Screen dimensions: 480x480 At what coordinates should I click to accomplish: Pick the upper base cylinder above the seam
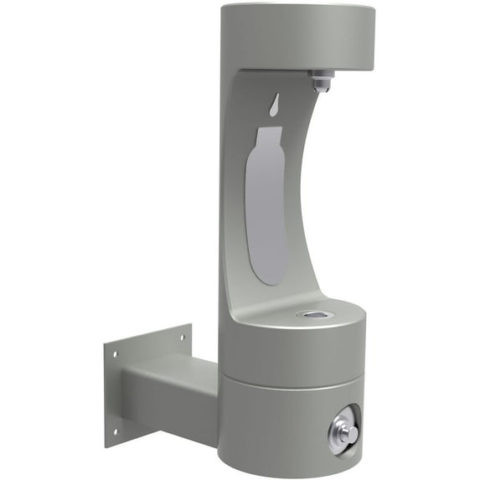(285, 352)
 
